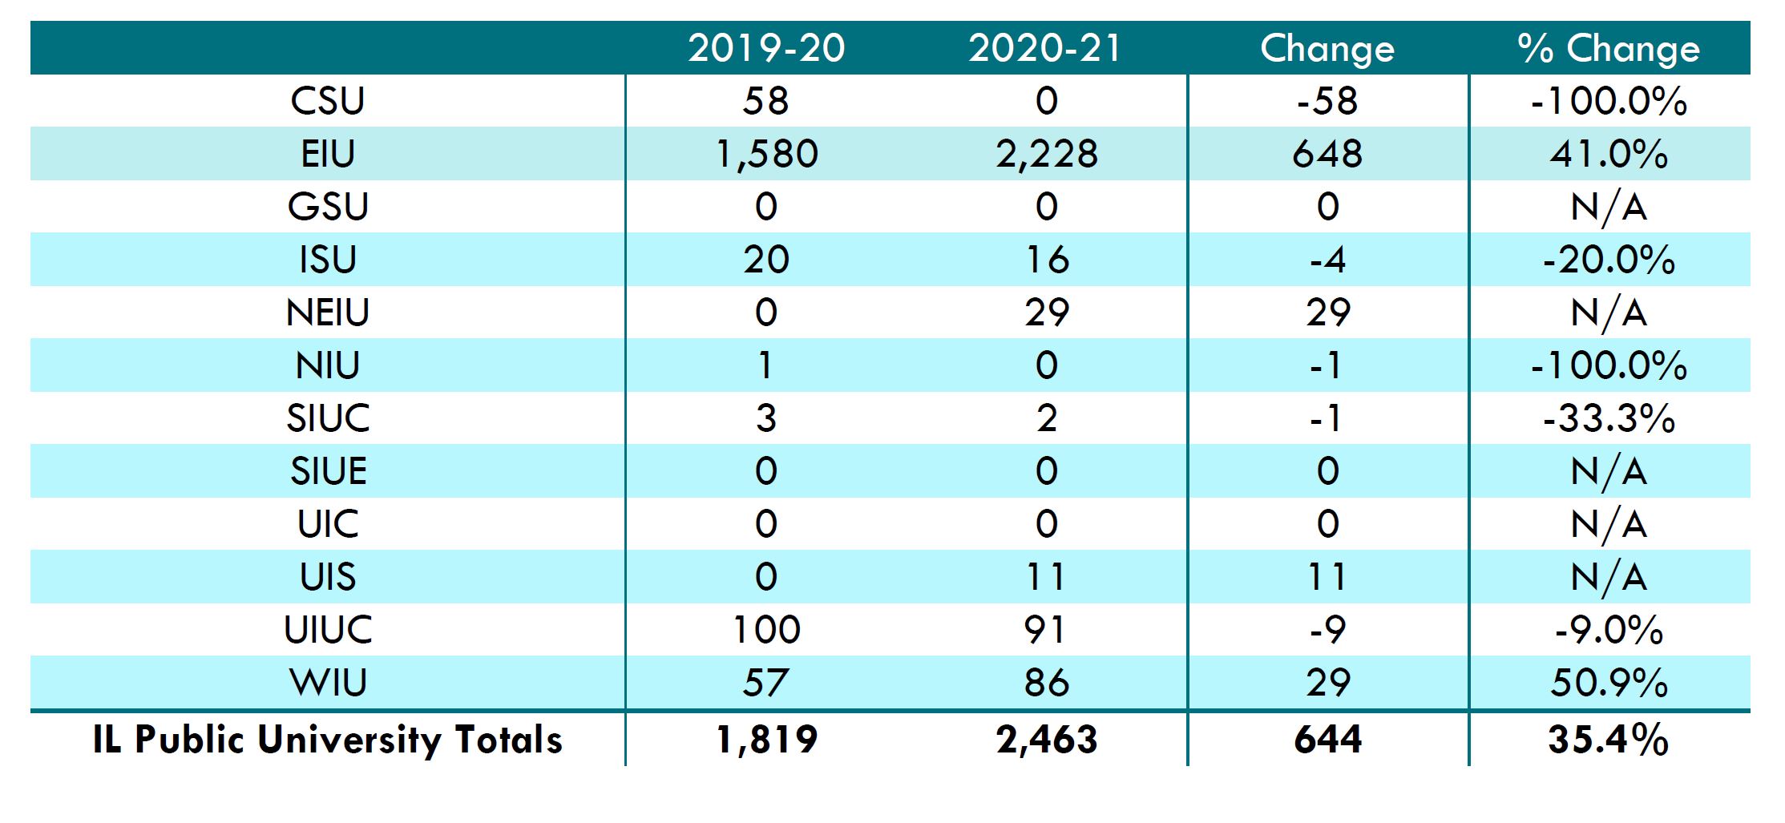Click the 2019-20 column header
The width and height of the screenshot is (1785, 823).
[766, 48]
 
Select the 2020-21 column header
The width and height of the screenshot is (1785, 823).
[1046, 48]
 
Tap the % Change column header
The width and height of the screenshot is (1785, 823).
[1608, 48]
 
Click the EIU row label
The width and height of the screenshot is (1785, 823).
[328, 154]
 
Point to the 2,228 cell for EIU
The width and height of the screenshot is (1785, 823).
[1046, 154]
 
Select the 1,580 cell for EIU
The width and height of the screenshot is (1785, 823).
[766, 154]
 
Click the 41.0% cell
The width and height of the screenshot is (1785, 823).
[1608, 154]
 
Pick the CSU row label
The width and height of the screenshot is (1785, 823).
[328, 101]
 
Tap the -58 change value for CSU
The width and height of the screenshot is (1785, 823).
[1327, 101]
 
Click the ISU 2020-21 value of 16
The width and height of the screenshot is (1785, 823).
[1046, 260]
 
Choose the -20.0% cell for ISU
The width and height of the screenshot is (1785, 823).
[1608, 260]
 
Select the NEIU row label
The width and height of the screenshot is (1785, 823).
[328, 313]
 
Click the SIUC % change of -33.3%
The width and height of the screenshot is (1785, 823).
[1608, 418]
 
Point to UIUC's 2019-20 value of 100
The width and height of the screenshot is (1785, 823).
[766, 630]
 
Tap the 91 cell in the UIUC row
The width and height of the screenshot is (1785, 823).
[1046, 630]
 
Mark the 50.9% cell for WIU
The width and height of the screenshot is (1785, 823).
[1608, 683]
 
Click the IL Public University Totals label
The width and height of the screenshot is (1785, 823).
[328, 739]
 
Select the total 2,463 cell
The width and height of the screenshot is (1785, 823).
[1046, 739]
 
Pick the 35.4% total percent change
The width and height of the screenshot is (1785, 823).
[1608, 739]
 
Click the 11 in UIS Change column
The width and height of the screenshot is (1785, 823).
[1327, 577]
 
